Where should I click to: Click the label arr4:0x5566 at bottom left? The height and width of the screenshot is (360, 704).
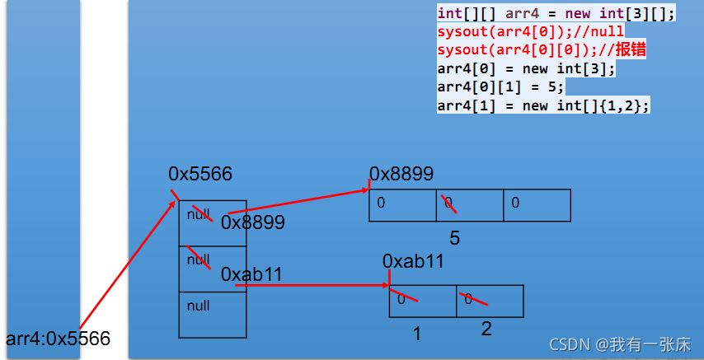tap(58, 339)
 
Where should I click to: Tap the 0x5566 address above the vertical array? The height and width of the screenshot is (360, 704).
tap(200, 174)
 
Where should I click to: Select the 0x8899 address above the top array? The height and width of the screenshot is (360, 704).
tap(401, 174)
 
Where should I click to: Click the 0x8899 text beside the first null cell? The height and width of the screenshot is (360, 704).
tap(252, 222)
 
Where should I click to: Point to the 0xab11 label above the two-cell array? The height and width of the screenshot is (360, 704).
tap(414, 261)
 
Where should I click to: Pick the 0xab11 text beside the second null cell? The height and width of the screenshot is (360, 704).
tap(251, 274)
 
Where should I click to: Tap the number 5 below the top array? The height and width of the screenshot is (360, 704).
tap(454, 239)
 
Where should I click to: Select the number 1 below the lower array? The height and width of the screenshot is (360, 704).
tap(417, 334)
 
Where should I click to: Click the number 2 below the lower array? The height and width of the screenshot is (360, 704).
tap(486, 330)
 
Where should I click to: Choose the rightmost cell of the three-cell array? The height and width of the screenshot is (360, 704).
tap(537, 205)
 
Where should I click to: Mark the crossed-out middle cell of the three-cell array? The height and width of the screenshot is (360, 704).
tap(469, 205)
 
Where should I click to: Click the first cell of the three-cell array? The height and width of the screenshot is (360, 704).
tap(402, 205)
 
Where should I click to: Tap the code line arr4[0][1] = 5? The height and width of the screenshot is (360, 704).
tap(500, 86)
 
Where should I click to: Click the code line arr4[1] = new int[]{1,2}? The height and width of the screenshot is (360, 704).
tap(544, 105)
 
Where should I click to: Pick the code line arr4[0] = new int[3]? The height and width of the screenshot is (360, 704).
tap(526, 68)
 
